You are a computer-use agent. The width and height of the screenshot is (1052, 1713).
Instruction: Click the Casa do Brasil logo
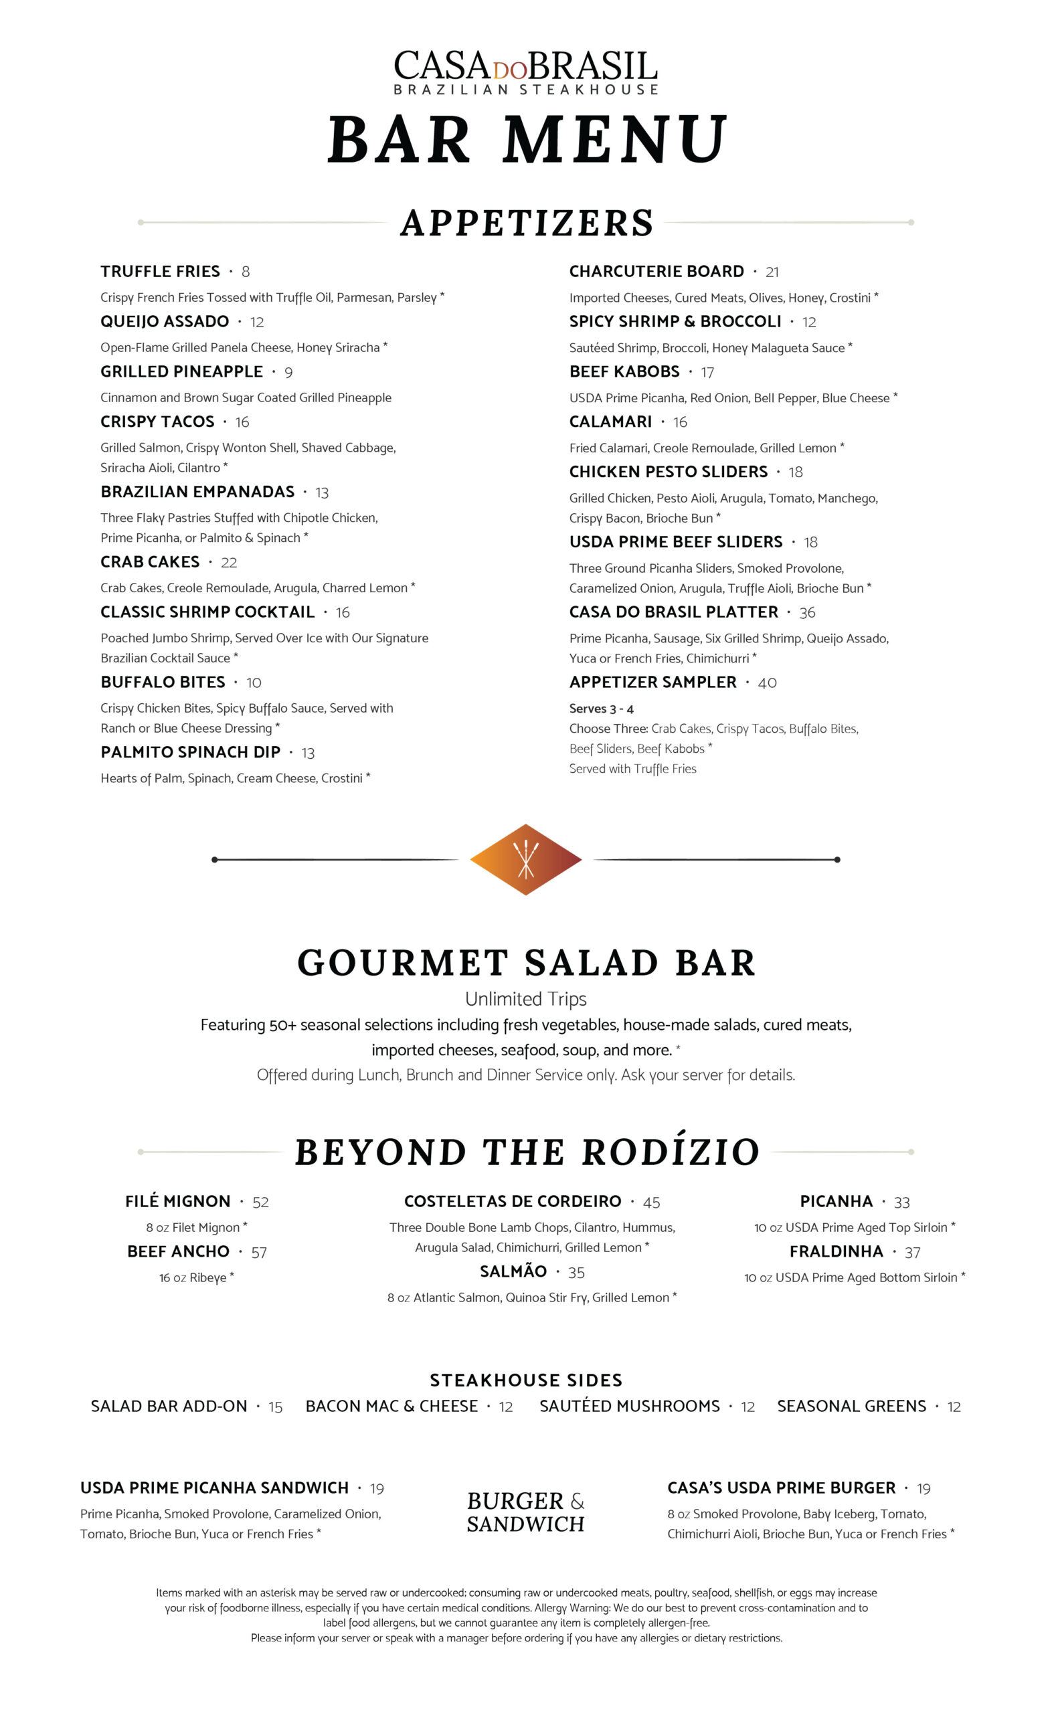(525, 71)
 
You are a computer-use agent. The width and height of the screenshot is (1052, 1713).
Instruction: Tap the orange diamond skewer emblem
(525, 859)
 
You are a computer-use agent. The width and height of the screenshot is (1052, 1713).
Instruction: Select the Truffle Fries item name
(160, 271)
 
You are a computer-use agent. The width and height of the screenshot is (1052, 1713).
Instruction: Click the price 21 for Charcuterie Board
(772, 272)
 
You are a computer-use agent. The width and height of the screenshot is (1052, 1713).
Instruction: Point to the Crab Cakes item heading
(150, 561)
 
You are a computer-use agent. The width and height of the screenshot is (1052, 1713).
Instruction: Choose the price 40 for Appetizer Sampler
(767, 683)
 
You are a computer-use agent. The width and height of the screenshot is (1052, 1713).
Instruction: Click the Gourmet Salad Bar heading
(525, 963)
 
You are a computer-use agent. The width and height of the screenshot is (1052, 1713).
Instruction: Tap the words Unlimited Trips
(525, 999)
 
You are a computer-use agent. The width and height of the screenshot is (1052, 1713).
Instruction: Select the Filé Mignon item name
(177, 1201)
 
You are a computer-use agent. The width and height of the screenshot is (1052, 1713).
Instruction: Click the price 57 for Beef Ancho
(259, 1252)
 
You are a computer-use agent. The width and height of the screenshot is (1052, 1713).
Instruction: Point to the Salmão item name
(513, 1271)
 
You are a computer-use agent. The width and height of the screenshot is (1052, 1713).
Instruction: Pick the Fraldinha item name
(836, 1251)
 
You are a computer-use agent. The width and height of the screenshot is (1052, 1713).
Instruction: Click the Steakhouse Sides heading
(525, 1380)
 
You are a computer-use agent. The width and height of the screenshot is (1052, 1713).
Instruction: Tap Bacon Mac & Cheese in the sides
(391, 1406)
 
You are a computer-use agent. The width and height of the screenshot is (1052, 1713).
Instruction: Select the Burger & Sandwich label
(525, 1512)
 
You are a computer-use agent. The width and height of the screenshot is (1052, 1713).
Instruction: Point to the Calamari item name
(610, 422)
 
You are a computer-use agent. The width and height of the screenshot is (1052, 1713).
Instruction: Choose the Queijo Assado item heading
(164, 321)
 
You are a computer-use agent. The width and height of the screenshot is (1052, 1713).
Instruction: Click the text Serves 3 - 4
(601, 709)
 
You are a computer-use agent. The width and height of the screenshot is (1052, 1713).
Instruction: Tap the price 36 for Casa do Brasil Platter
(806, 613)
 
